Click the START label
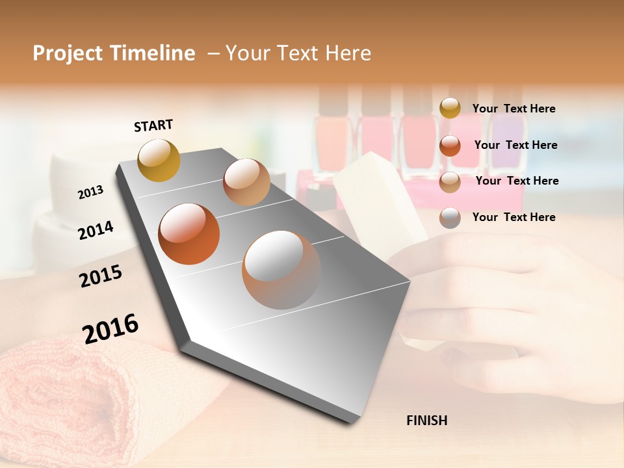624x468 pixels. pyautogui.click(x=153, y=125)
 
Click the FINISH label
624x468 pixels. pyautogui.click(x=426, y=421)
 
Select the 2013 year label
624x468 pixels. pyautogui.click(x=90, y=192)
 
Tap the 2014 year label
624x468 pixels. pyautogui.click(x=96, y=230)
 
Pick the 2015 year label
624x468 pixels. pyautogui.click(x=101, y=276)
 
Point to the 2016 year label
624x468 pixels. pyautogui.click(x=110, y=328)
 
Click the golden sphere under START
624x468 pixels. pyautogui.click(x=159, y=160)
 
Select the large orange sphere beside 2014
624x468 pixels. pyautogui.click(x=189, y=234)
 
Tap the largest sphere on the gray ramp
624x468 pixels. pyautogui.click(x=281, y=269)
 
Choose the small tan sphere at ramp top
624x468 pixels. pyautogui.click(x=246, y=182)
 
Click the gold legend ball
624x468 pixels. pyautogui.click(x=450, y=109)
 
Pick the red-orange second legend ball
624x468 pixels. pyautogui.click(x=450, y=146)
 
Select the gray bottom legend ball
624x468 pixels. pyautogui.click(x=450, y=218)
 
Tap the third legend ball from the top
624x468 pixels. pyautogui.click(x=450, y=182)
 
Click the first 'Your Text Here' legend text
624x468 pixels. pyautogui.click(x=513, y=109)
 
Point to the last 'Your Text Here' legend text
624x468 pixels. pyautogui.click(x=513, y=217)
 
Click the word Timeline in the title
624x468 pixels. pyautogui.click(x=153, y=53)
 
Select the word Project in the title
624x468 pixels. pyautogui.click(x=68, y=53)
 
